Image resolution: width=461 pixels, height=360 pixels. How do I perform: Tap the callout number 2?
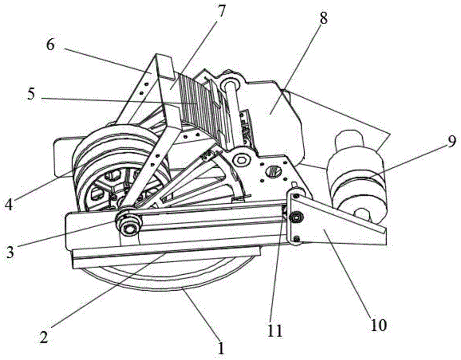44,337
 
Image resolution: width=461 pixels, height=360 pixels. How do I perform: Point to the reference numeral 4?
9,205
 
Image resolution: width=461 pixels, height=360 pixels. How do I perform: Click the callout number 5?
31,94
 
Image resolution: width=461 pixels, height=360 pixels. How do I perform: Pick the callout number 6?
50,45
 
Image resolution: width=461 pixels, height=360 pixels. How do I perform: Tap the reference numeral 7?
221,11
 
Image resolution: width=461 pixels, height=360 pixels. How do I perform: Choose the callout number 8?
323,18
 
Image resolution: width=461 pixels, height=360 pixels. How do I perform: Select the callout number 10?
378,325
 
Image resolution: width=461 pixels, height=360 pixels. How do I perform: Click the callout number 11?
275,330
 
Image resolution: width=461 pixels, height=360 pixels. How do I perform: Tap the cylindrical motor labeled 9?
359,177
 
